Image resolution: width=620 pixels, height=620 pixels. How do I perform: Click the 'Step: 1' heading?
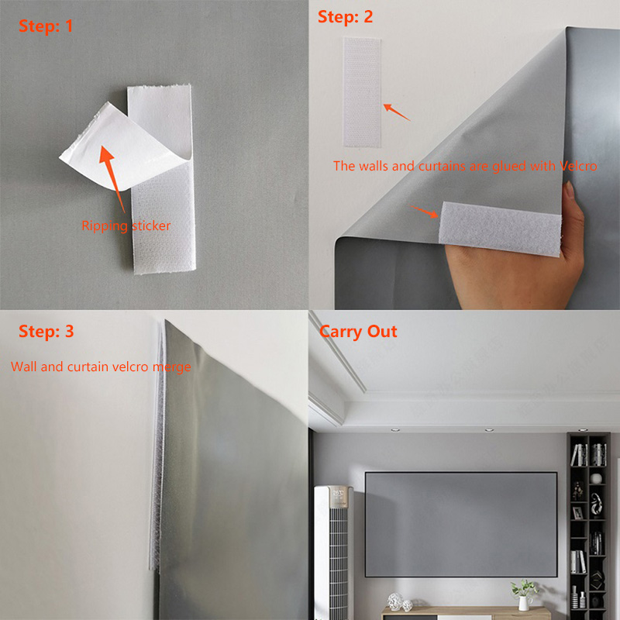(x=47, y=26)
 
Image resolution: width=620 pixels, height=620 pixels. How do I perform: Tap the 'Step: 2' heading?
(x=346, y=16)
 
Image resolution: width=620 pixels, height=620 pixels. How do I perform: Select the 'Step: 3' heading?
(x=46, y=332)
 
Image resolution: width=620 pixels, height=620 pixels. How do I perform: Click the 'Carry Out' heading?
(x=358, y=332)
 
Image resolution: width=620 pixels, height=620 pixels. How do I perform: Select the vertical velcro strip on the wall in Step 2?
(x=362, y=92)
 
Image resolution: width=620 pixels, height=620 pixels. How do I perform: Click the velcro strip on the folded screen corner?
(x=499, y=228)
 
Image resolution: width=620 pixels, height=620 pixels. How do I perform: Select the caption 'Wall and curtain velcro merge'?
(x=101, y=367)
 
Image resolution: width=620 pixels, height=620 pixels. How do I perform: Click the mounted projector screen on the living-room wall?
(x=460, y=524)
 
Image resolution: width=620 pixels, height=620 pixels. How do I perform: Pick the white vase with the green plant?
(x=525, y=598)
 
